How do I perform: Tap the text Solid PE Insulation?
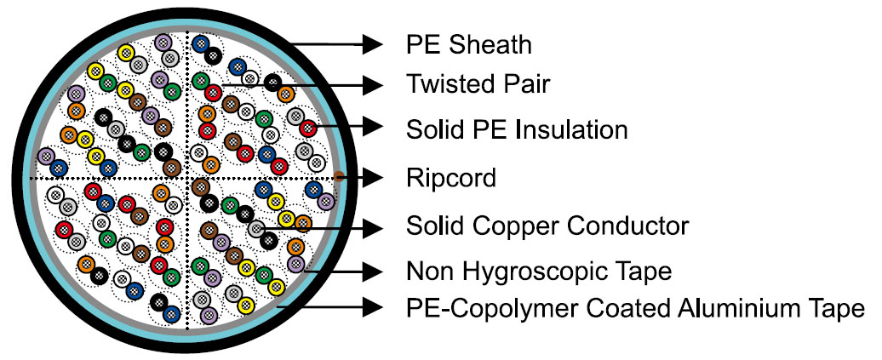click(517, 129)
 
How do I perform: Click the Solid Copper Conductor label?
click(547, 226)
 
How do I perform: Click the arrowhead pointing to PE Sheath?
click(371, 43)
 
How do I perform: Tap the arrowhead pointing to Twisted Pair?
click(371, 84)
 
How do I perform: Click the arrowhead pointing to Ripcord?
click(371, 177)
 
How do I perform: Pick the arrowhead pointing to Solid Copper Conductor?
click(371, 226)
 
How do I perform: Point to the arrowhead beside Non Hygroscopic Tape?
click(371, 271)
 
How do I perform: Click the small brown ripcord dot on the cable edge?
click(338, 177)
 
